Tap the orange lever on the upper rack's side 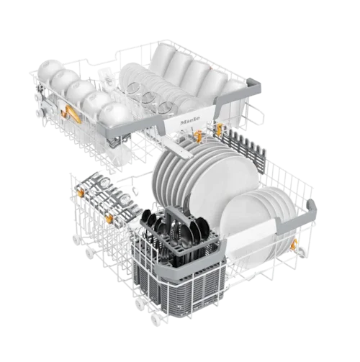tap(73, 114)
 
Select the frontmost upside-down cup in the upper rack tap(114, 114)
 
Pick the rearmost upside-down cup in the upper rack tap(49, 68)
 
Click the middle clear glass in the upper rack tap(150, 99)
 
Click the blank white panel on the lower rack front tap(253, 238)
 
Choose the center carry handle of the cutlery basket tap(174, 214)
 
